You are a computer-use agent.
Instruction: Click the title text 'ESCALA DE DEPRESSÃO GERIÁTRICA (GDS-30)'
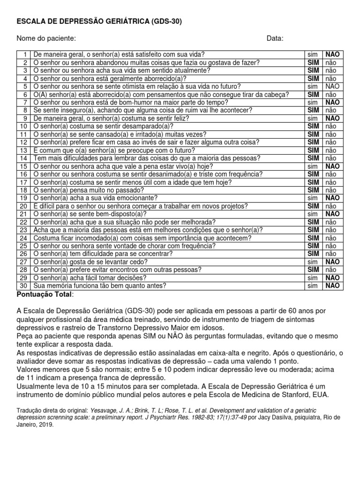99,22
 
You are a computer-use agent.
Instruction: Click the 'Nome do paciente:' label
46,38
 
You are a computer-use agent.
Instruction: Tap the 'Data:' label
275,38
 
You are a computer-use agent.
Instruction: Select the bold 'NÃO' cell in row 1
332,54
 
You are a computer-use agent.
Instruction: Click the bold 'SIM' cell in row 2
313,62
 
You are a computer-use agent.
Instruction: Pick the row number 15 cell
23,166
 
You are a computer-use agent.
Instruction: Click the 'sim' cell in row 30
313,285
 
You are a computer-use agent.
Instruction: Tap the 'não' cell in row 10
331,126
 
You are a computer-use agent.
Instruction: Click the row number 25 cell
23,246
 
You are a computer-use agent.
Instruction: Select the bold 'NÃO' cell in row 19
332,198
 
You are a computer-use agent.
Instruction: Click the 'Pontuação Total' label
45,294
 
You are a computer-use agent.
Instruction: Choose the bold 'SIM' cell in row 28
313,270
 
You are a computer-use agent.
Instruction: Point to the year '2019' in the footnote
46,425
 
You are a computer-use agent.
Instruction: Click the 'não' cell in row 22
331,222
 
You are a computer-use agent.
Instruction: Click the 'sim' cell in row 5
313,86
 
